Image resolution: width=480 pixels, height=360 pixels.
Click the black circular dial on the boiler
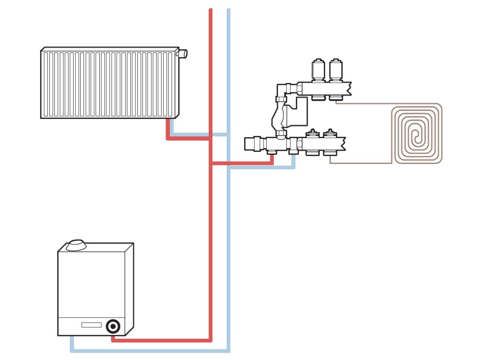coord(112,326)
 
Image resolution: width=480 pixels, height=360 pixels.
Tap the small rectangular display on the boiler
coord(91,325)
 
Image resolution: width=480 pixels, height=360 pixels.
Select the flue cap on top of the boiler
coord(75,246)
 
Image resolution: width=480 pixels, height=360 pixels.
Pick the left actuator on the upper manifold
coord(318,70)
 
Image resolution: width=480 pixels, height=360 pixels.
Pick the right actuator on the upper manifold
coord(335,70)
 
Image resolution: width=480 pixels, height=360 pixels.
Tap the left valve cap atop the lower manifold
coord(312,134)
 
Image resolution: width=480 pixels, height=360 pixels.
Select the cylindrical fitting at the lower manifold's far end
coord(255,143)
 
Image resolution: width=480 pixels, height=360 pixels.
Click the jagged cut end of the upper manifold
coord(348,88)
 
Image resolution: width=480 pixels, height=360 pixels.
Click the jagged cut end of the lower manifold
coord(343,143)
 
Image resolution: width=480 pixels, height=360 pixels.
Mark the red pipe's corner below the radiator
coord(168,138)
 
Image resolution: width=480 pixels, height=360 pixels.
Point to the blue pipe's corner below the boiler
coord(72,350)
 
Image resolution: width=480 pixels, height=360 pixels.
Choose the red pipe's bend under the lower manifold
coord(272,164)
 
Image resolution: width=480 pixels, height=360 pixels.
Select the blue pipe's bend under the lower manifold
coord(294,167)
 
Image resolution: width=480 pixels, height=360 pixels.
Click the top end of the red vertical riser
coord(210,10)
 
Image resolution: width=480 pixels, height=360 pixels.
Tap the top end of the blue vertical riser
coord(228,10)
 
